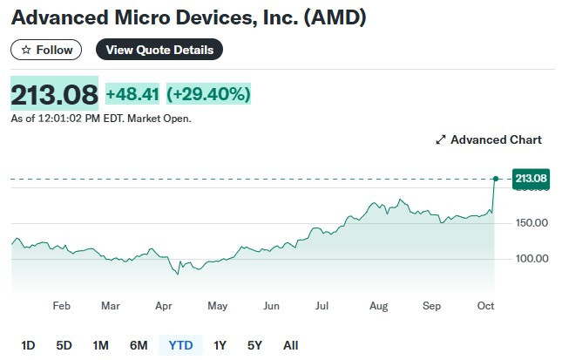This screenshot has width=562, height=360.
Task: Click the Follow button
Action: click(x=46, y=50)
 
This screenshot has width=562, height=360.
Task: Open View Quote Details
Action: click(x=159, y=50)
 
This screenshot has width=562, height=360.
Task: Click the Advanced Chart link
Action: click(x=489, y=139)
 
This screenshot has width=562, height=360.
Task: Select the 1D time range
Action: click(x=28, y=345)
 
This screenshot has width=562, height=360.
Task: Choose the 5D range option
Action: click(x=64, y=345)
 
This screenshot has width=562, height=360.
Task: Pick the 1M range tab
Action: click(x=100, y=345)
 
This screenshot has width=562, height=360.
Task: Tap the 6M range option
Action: click(x=139, y=345)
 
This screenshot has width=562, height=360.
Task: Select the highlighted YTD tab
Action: click(x=180, y=345)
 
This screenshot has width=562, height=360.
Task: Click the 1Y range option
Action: click(x=220, y=345)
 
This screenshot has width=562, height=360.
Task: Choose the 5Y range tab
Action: click(x=254, y=345)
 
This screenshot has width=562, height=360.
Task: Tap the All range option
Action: click(x=291, y=345)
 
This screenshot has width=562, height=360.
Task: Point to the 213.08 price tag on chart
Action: click(x=531, y=179)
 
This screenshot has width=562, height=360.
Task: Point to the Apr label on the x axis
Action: click(x=162, y=306)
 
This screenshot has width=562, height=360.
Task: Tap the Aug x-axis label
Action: click(x=378, y=306)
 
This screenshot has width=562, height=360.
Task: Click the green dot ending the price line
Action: click(x=495, y=179)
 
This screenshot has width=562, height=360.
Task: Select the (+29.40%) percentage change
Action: click(x=208, y=93)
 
